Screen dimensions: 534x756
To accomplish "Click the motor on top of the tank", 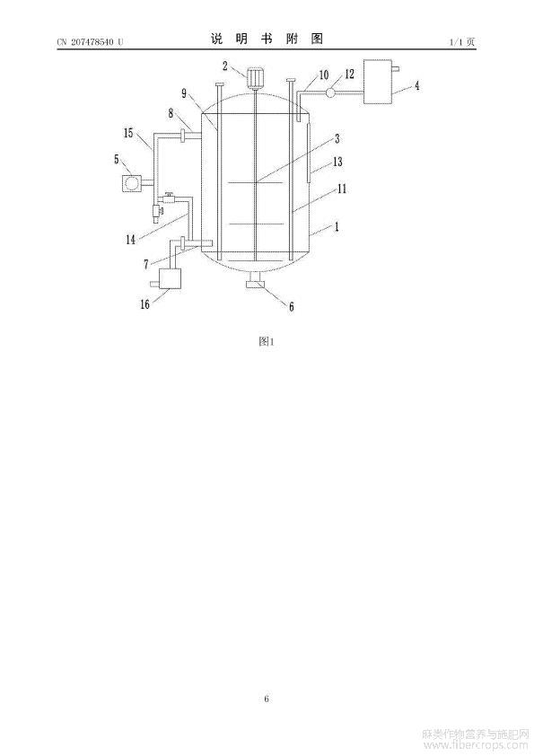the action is pyautogui.click(x=256, y=79).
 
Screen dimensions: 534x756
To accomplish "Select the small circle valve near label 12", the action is pyautogui.click(x=330, y=92).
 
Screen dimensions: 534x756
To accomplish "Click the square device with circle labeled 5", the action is pyautogui.click(x=132, y=183).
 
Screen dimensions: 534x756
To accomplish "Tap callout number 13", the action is pyautogui.click(x=337, y=162).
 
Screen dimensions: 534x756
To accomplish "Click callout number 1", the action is pyautogui.click(x=337, y=226).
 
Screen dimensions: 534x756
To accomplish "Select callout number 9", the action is pyautogui.click(x=184, y=93).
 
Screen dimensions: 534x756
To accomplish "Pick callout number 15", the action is pyautogui.click(x=128, y=133).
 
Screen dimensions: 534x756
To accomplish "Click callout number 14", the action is pyautogui.click(x=131, y=239).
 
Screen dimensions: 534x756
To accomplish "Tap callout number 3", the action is pyautogui.click(x=337, y=139).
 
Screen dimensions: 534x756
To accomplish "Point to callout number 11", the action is pyautogui.click(x=342, y=189).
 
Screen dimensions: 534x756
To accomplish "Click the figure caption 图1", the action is pyautogui.click(x=267, y=341).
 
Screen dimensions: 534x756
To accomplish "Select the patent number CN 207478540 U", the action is pyautogui.click(x=90, y=42).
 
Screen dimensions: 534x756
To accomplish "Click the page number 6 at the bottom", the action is pyautogui.click(x=267, y=699).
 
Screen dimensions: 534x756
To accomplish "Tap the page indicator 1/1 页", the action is pyautogui.click(x=462, y=42).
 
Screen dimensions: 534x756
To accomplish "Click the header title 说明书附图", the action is pyautogui.click(x=267, y=39).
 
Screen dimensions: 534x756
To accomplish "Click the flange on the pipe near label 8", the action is pyautogui.click(x=184, y=136).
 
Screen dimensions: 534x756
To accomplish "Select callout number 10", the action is pyautogui.click(x=324, y=75).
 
